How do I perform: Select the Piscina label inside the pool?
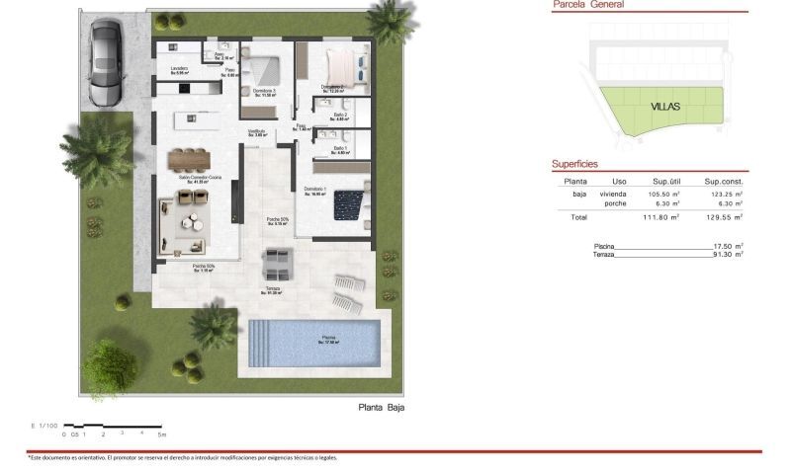tap(327, 341)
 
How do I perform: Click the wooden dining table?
tap(189, 158)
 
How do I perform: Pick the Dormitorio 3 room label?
tap(263, 92)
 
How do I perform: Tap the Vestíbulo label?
tap(258, 132)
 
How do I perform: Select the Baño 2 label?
tap(337, 117)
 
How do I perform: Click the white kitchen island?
tap(198, 118)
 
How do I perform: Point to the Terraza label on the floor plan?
tap(272, 288)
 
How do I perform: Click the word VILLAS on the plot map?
tap(665, 106)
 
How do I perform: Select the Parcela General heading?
tap(587, 5)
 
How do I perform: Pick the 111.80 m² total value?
tap(661, 217)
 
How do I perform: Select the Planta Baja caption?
tap(381, 407)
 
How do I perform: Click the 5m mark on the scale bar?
tap(162, 434)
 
